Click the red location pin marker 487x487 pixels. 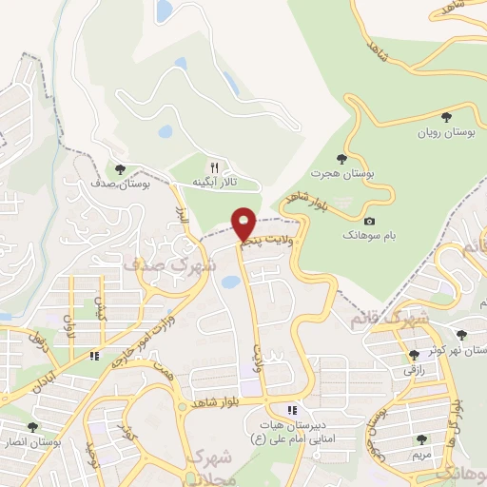(244, 224)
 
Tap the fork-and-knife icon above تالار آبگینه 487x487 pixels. (213, 166)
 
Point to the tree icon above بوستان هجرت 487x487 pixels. (341, 158)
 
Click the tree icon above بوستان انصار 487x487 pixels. (33, 427)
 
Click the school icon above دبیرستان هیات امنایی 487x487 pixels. (293, 410)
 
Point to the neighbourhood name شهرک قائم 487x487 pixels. (389, 316)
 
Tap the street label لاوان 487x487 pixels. (68, 327)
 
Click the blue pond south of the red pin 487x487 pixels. (229, 282)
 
